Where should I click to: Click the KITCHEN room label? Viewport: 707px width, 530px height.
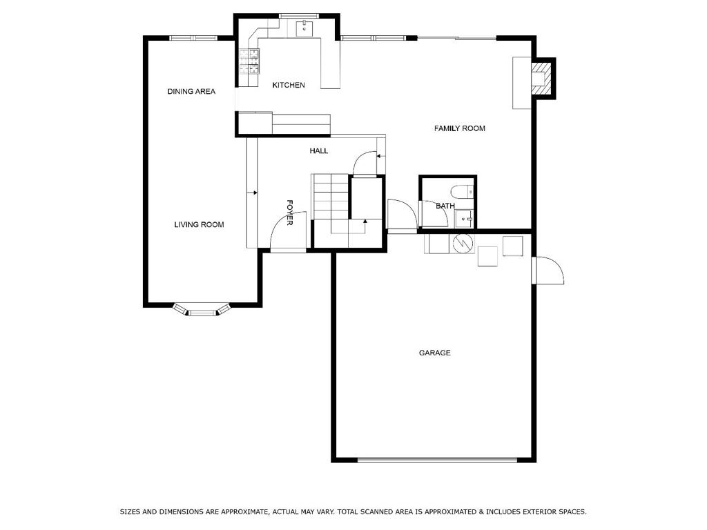(288, 85)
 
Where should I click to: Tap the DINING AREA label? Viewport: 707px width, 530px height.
(191, 91)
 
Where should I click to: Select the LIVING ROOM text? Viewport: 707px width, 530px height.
(199, 224)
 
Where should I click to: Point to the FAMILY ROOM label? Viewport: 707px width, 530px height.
(459, 128)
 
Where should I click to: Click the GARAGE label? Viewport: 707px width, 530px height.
(434, 353)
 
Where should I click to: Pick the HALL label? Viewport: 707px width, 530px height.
(318, 150)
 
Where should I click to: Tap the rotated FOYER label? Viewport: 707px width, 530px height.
(290, 213)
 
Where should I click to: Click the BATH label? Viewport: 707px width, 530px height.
(445, 206)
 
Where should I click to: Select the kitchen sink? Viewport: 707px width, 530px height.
(304, 28)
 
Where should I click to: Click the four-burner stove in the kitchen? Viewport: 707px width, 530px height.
(249, 61)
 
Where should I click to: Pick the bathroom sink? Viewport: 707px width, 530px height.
(463, 219)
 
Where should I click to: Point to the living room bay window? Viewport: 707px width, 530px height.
(202, 311)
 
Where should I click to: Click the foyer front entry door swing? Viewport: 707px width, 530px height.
(287, 235)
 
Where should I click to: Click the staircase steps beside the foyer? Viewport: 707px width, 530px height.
(331, 197)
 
